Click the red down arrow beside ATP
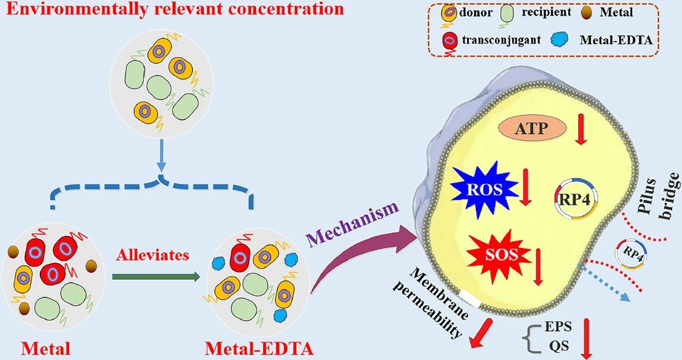[580, 132]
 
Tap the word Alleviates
[152, 255]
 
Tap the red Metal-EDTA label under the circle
[259, 349]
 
